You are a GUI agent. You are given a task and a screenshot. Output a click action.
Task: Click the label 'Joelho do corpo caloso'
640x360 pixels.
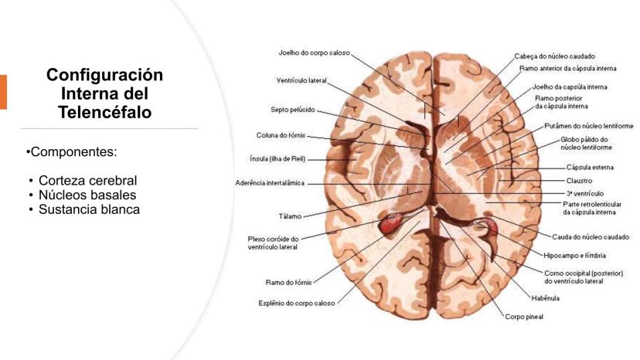pyautogui.click(x=314, y=53)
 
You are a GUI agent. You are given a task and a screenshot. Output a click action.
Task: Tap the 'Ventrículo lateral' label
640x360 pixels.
pyautogui.click(x=301, y=80)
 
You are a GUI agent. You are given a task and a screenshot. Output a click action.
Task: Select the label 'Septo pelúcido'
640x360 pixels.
pyautogui.click(x=293, y=109)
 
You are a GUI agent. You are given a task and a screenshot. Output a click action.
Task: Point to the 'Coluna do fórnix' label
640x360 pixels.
pyautogui.click(x=281, y=135)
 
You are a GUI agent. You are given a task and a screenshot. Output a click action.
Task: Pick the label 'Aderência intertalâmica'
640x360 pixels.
pyautogui.click(x=270, y=183)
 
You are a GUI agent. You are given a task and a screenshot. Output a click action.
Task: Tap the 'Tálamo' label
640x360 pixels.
pyautogui.click(x=290, y=216)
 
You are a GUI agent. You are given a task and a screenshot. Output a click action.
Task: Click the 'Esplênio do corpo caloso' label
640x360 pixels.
pyautogui.click(x=296, y=303)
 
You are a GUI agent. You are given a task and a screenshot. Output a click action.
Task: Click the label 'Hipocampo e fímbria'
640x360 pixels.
pyautogui.click(x=574, y=255)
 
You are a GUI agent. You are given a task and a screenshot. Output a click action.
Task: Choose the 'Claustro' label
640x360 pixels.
pyautogui.click(x=579, y=180)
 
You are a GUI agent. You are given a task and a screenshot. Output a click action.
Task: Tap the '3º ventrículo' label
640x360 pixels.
pyautogui.click(x=584, y=192)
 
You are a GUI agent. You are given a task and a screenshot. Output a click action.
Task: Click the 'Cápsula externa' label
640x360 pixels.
pyautogui.click(x=590, y=167)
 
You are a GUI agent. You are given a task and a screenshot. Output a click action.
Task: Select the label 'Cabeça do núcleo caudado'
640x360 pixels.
pyautogui.click(x=554, y=56)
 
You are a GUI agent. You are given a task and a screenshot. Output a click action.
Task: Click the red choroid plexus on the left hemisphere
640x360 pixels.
pyautogui.click(x=390, y=226)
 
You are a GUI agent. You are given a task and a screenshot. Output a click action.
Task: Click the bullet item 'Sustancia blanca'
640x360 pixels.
pyautogui.click(x=89, y=209)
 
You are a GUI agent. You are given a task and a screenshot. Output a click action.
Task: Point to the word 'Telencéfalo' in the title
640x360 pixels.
pyautogui.click(x=104, y=112)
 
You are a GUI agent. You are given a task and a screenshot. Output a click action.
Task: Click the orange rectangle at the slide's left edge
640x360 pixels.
pyautogui.click(x=3, y=92)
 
